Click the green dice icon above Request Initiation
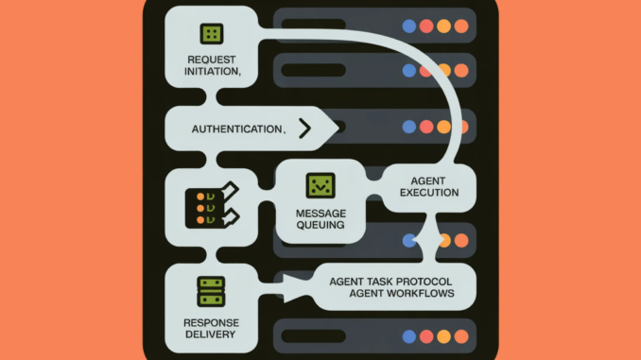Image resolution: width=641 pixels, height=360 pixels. [x=211, y=34]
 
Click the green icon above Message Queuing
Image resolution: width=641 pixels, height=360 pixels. [x=320, y=186]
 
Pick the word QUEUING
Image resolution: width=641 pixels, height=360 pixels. [x=320, y=226]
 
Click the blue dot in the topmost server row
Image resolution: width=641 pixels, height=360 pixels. [x=408, y=26]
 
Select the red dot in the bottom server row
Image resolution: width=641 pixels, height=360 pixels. [x=425, y=336]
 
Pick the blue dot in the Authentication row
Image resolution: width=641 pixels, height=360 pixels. [x=408, y=127]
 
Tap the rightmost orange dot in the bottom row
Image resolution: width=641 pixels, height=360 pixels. [x=460, y=336]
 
